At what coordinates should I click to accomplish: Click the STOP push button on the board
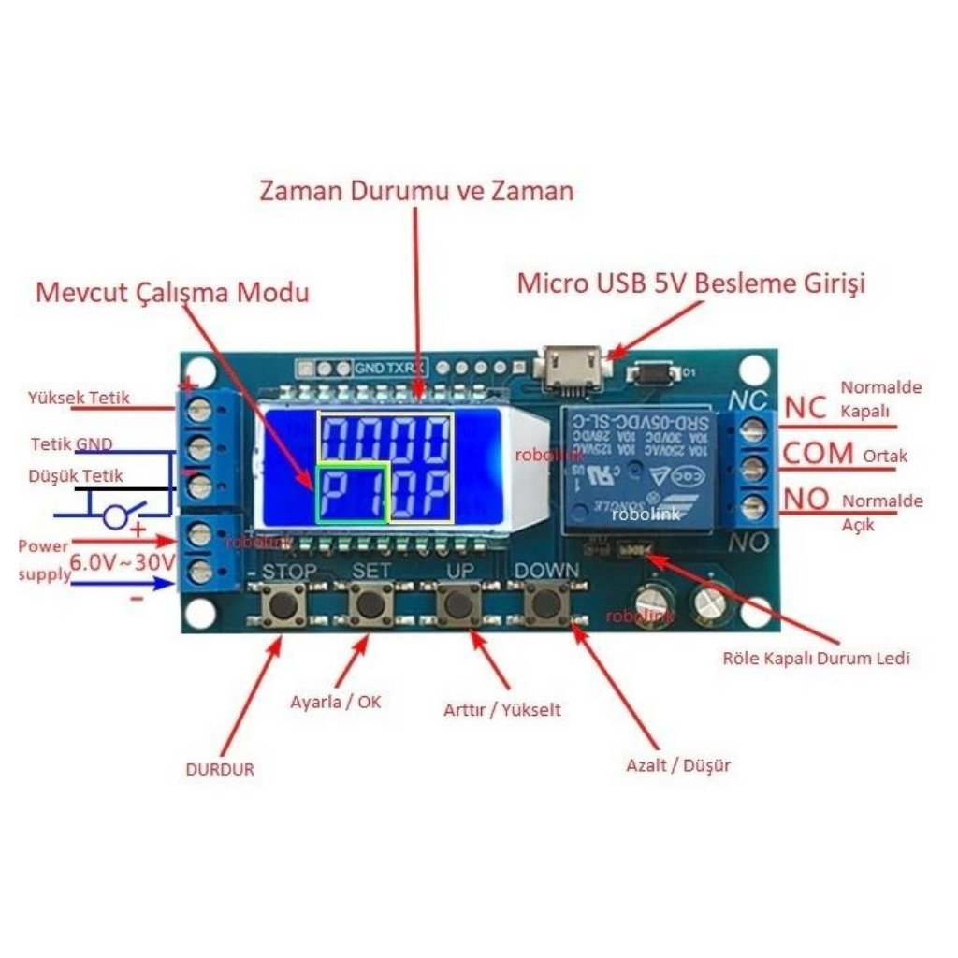[282, 605]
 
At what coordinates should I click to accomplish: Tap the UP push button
[457, 604]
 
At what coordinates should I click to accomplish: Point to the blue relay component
[641, 468]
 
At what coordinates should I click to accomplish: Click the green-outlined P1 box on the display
[351, 492]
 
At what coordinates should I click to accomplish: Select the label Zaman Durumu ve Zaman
[416, 192]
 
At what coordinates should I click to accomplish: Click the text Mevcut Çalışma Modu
[172, 292]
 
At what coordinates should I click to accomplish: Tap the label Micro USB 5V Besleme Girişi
[691, 283]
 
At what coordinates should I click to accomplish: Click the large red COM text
[819, 454]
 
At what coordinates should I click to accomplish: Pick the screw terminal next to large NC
[755, 429]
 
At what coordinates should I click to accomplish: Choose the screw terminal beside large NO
[755, 507]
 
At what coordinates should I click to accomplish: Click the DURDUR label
[220, 770]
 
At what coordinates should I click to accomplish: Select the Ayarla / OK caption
[336, 702]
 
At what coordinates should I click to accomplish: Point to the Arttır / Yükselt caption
[502, 710]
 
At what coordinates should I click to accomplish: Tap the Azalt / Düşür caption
[678, 766]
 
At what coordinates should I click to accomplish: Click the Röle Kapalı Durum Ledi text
[817, 659]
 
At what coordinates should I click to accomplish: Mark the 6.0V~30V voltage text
[123, 562]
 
